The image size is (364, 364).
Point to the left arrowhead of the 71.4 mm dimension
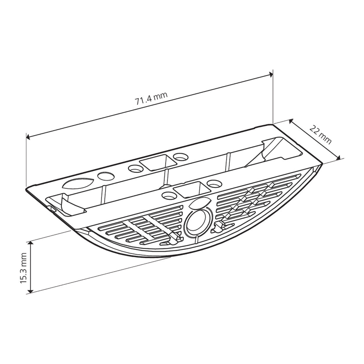[x=28, y=137]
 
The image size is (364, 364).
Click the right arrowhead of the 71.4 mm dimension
[x=271, y=74]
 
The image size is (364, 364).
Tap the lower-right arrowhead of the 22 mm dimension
[x=339, y=158]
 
